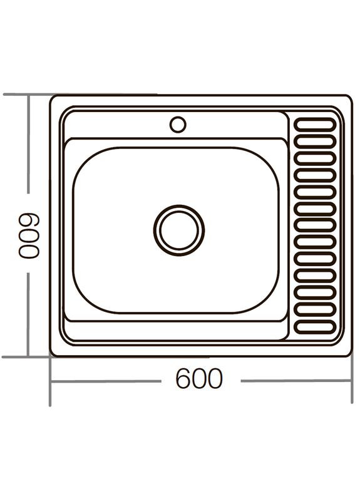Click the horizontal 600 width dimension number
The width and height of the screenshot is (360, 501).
(x=198, y=379)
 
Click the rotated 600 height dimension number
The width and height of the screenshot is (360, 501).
(x=29, y=235)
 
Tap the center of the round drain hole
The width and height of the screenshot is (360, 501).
(x=179, y=230)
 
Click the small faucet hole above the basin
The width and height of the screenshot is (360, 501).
(x=178, y=125)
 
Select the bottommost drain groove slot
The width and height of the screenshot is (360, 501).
(x=315, y=326)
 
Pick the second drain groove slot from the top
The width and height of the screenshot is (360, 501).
(x=315, y=141)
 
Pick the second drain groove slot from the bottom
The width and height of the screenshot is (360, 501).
(x=315, y=309)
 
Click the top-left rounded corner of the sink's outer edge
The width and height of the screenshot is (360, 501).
(x=53, y=98)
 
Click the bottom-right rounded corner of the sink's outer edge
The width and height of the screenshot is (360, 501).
(x=349, y=353)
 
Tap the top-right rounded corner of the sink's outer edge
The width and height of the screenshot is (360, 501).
(x=349, y=98)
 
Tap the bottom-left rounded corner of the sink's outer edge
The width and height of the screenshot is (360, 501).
(x=53, y=353)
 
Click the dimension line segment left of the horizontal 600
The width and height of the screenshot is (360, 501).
(x=106, y=381)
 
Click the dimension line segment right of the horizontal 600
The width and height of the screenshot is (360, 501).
(x=294, y=381)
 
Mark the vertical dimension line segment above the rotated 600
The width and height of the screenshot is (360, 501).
(x=29, y=144)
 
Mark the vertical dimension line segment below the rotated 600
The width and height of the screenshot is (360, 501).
(x=29, y=313)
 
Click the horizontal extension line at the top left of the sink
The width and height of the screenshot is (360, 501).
(x=25, y=95)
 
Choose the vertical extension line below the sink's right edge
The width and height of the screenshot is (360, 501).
(x=352, y=382)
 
